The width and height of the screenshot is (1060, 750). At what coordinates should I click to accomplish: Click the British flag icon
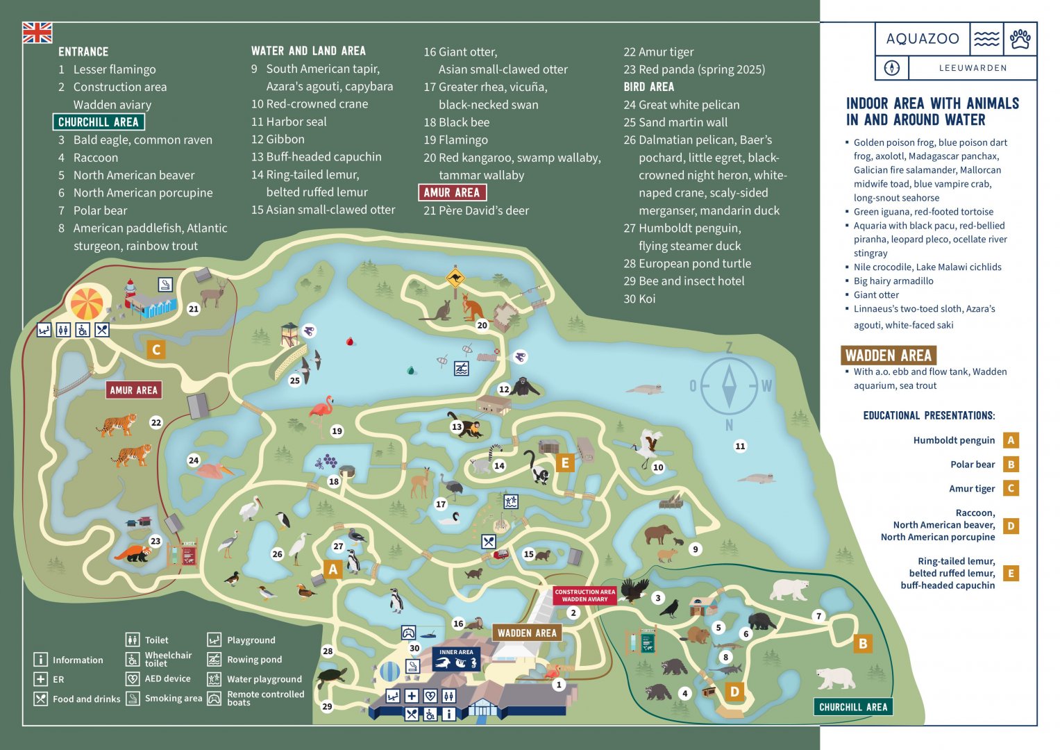pos(37,33)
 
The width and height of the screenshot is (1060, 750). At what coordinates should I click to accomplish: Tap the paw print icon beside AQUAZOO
pos(1020,39)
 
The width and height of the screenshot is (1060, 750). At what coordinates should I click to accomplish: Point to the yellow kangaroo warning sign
pos(455,278)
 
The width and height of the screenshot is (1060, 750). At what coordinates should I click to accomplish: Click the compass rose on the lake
pos(729,386)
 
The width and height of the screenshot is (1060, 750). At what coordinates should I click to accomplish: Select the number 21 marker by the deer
pos(194,309)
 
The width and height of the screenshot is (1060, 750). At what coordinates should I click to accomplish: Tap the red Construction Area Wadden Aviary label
pos(584,595)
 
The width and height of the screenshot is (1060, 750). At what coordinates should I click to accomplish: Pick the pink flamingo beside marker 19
pos(321,414)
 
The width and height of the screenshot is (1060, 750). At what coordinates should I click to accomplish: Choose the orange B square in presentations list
pos(1011,465)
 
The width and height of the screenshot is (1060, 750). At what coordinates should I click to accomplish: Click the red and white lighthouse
pos(130,292)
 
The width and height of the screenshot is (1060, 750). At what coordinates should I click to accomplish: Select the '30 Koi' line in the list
pos(639,299)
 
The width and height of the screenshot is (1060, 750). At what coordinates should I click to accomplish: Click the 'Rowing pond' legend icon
pos(214,659)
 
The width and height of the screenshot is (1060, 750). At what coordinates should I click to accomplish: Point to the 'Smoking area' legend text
pos(174,699)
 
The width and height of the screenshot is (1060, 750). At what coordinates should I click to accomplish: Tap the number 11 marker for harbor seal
pos(740,447)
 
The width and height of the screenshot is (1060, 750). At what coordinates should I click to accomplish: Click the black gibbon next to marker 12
pos(526,386)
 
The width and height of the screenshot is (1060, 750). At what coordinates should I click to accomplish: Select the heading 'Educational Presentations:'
pos(929,415)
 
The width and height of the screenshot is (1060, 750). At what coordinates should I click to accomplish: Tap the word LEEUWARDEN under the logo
pos(972,68)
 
